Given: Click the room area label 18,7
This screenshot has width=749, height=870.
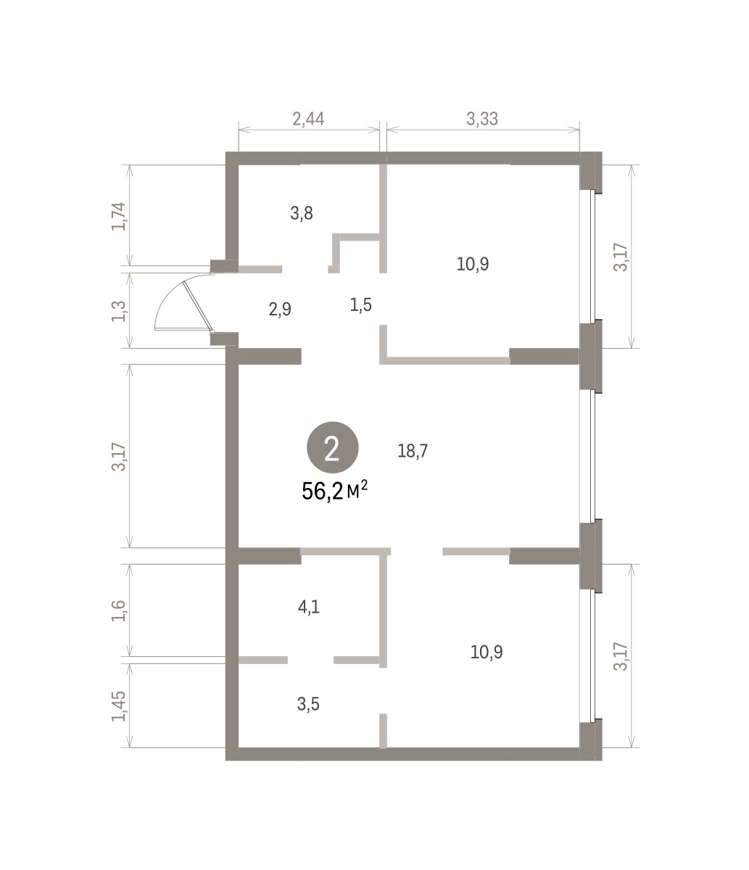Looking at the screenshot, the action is (413, 451).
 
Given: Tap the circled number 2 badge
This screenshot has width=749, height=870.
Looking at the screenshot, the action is (332, 447).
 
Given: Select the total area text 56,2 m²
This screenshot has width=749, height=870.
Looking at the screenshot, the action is (335, 491).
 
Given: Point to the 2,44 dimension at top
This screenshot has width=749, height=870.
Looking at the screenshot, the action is (308, 119).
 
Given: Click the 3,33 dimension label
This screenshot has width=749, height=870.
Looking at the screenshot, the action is (482, 119).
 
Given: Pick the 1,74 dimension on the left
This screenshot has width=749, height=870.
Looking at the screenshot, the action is (119, 216).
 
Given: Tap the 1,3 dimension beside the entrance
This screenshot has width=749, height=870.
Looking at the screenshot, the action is (119, 312).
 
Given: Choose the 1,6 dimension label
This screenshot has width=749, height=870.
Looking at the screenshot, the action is (119, 610).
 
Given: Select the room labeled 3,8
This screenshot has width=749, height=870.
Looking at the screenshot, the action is (302, 213).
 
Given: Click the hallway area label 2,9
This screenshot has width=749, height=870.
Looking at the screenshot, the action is (280, 310).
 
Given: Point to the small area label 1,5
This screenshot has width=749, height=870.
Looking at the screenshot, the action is (361, 304).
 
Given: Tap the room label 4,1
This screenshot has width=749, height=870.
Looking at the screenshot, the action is (309, 607).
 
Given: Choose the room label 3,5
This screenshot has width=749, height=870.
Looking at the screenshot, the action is (308, 704).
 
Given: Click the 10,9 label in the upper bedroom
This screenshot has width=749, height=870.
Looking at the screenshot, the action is (473, 264).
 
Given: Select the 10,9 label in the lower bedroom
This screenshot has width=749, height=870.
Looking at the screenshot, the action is (487, 652).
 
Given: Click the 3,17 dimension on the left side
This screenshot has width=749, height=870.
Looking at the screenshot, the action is (119, 457).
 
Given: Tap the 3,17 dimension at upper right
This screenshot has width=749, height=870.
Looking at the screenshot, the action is (621, 257).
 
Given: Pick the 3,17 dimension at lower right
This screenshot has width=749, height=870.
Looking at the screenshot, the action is (621, 656).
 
